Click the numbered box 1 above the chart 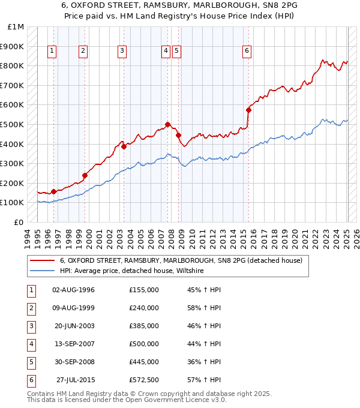pos(53,52)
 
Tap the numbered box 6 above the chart pos(247,52)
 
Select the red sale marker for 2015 pos(248,110)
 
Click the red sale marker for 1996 pos(53,191)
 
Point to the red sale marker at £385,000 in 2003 pos(124,146)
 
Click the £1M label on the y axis pos(16,27)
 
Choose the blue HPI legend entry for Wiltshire pos(131,271)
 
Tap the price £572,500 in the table pos(144,380)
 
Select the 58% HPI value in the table pos(204,308)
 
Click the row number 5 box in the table pos(30,362)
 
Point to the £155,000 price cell pos(144,290)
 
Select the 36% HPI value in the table pos(204,362)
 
